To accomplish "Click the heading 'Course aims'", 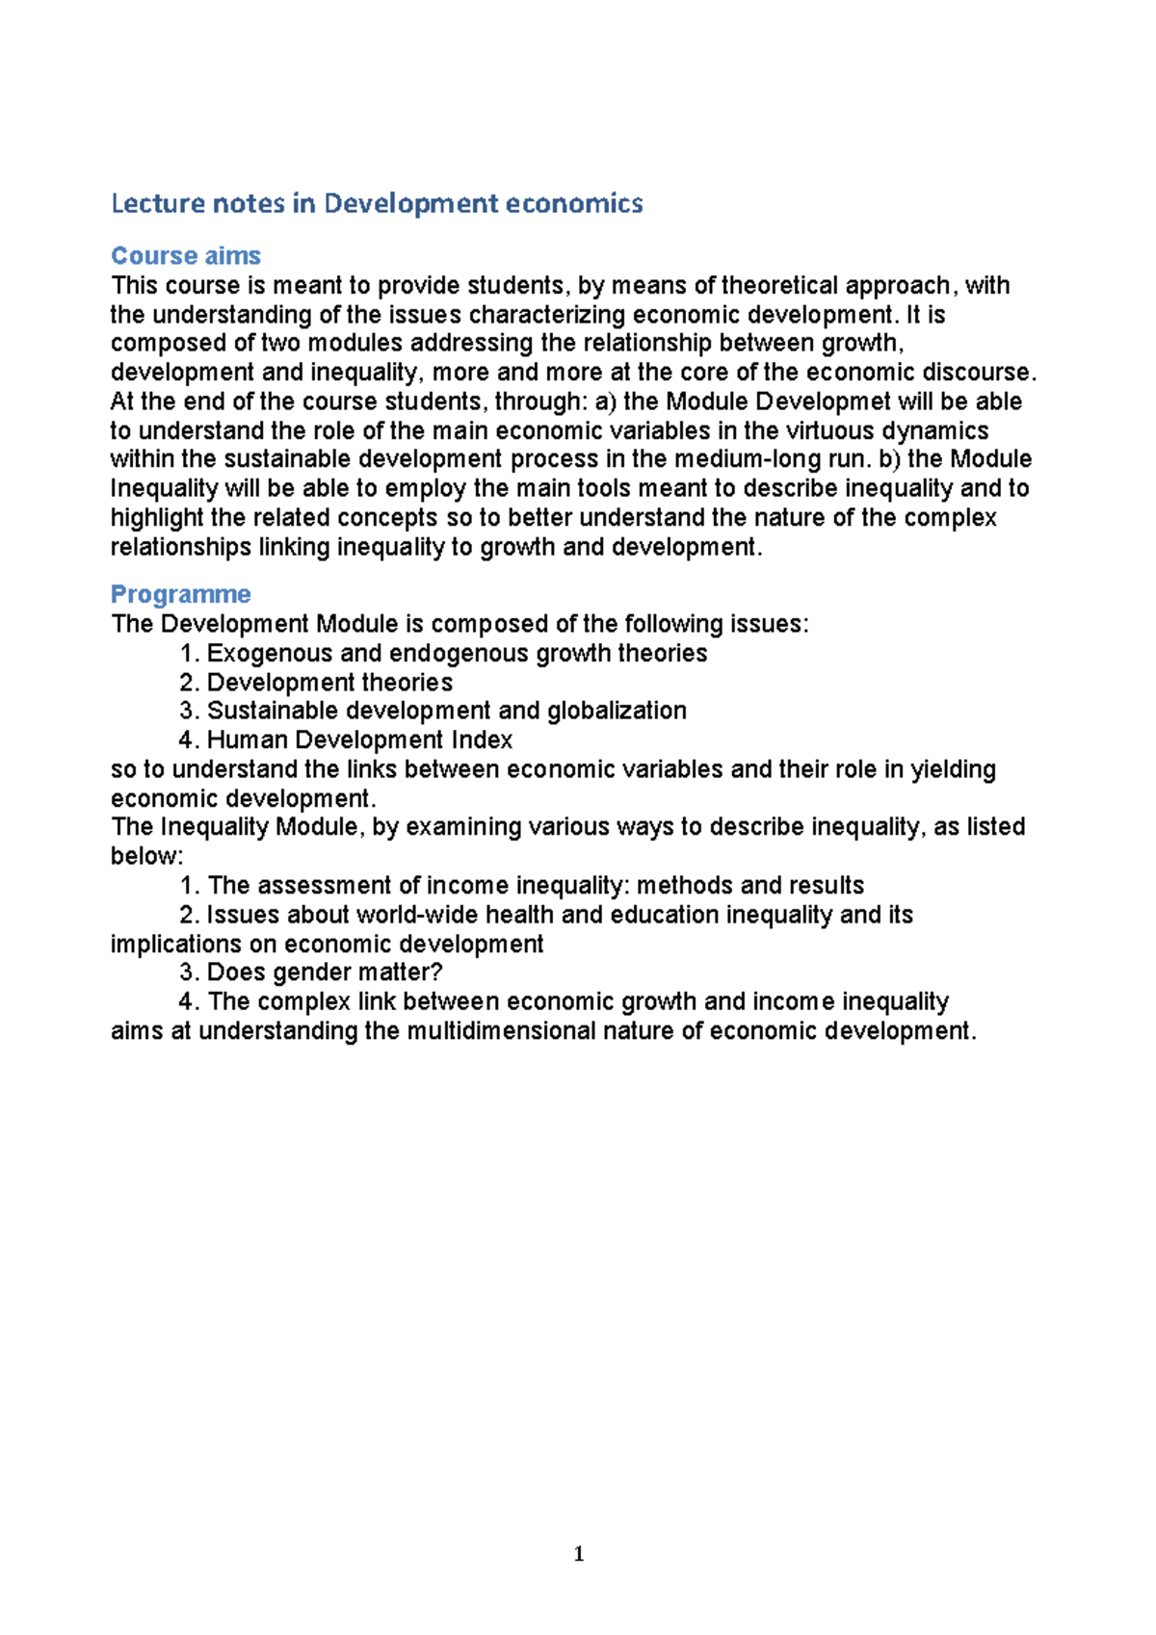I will [x=186, y=256].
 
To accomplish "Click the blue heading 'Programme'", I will [x=181, y=594].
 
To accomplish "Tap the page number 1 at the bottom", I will [x=578, y=1553].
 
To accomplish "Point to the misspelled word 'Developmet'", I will [x=825, y=402].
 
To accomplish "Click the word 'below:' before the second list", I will [x=146, y=856].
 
